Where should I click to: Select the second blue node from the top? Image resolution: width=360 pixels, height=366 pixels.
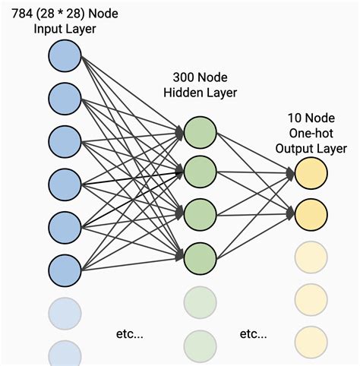[65, 98]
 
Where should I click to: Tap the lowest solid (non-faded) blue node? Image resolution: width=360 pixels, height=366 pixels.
[65, 269]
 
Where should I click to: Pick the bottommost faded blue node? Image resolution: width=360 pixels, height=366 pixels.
[65, 354]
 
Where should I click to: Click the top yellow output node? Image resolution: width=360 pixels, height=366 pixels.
[311, 173]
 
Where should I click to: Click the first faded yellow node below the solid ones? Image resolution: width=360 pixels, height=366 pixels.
[311, 255]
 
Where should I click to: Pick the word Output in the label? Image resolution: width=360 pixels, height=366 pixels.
[297, 148]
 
